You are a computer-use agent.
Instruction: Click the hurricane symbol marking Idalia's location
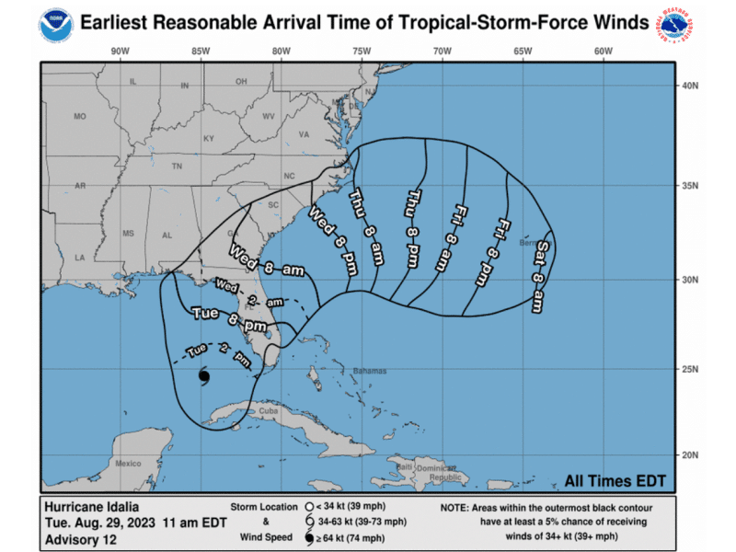tap(203, 377)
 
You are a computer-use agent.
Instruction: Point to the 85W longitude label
tap(200, 52)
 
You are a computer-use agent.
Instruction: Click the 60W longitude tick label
tap(604, 52)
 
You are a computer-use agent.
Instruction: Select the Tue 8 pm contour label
tap(229, 320)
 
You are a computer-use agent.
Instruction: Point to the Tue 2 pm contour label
tap(218, 354)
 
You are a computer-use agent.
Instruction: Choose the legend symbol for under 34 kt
tap(307, 506)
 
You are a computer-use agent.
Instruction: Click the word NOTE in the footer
tap(458, 506)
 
